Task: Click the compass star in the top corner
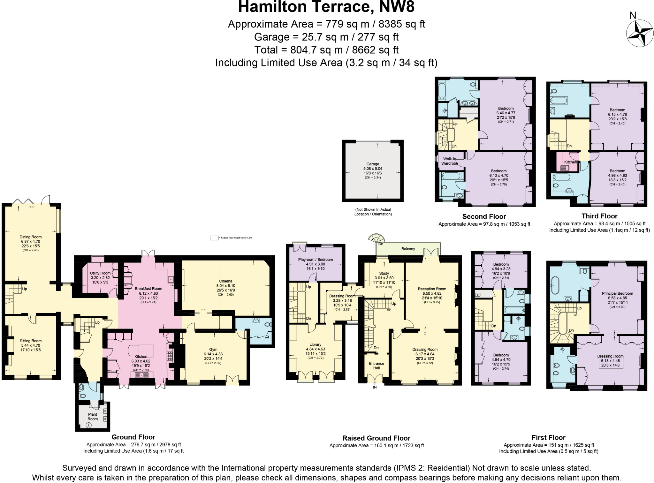click(640, 33)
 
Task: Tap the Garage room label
click(373, 164)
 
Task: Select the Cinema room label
click(226, 281)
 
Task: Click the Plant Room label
click(93, 417)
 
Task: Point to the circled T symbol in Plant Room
click(89, 425)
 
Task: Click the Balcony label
click(408, 249)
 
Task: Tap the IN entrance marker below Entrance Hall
click(375, 387)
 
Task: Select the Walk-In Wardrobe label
click(450, 161)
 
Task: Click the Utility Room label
click(100, 273)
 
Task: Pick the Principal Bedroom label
click(617, 293)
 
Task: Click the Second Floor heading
click(484, 216)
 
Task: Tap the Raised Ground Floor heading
click(376, 438)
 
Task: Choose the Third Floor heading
click(599, 216)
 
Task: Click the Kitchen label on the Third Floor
click(571, 162)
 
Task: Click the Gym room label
click(213, 350)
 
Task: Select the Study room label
click(384, 273)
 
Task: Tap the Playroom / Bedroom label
click(315, 260)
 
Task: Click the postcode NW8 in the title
click(397, 7)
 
